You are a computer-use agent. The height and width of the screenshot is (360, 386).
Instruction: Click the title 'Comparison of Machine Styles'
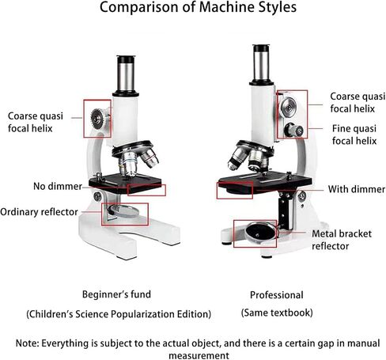pos(198,7)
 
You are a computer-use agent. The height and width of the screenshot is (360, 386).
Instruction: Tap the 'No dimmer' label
pos(58,186)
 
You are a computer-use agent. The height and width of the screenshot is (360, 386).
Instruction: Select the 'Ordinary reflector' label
pos(39,212)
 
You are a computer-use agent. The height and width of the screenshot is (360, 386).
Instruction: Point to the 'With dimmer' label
pos(357,189)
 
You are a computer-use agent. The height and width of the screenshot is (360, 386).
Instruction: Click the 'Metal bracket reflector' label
pos(342,240)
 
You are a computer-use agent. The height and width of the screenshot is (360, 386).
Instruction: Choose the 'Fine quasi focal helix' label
pos(354,135)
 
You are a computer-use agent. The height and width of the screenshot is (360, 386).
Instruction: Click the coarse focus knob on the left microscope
pos(98,119)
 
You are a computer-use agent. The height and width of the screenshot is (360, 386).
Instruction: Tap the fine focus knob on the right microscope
pos(293,130)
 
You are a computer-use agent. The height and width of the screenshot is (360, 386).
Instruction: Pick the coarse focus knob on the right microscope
pos(289,107)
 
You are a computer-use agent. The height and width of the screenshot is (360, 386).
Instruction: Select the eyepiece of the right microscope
pos(261,64)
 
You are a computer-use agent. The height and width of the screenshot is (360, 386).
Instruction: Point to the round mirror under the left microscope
pos(123,211)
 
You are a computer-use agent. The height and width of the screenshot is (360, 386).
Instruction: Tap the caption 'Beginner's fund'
pos(116,294)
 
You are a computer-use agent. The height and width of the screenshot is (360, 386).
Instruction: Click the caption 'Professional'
pos(277,295)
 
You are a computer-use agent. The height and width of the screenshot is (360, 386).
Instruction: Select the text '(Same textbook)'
pos(277,313)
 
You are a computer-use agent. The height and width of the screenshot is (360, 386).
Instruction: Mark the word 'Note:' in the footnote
pos(28,343)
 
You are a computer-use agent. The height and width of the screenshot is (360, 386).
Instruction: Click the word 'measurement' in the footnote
pos(199,355)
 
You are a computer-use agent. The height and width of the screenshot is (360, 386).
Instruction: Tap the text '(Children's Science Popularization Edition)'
pos(119,314)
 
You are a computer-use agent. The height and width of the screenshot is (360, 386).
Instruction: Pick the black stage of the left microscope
pos(125,183)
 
